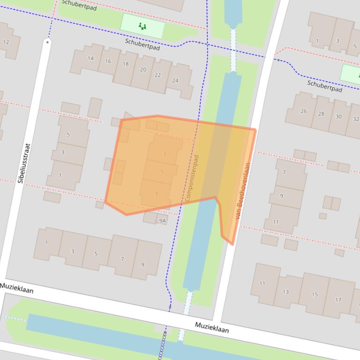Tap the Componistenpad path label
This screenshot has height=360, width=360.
pos(192,178)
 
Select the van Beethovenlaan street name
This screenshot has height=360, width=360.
pos(242,191)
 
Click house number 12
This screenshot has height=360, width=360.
pos(6,42)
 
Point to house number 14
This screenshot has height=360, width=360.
pos(90,58)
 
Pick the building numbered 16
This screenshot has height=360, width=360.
pos(108,61)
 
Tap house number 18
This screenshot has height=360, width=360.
pos(125,64)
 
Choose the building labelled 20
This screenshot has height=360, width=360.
pos(143,70)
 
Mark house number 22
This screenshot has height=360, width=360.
pos(158,75)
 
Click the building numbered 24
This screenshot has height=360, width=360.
pos(175,80)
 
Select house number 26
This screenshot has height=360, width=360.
pos(304,111)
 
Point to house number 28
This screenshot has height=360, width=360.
pos(321,114)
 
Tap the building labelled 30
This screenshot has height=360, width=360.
pos(338,116)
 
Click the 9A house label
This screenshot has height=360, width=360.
pos(162,220)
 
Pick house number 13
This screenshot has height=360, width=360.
pos(286,292)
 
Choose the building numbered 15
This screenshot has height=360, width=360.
pos(315,295)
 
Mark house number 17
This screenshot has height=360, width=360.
pos(338,300)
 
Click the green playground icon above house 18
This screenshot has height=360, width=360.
pos(143,27)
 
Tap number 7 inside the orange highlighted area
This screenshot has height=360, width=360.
pos(156,194)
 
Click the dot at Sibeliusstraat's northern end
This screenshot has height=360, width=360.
pos(47,42)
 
